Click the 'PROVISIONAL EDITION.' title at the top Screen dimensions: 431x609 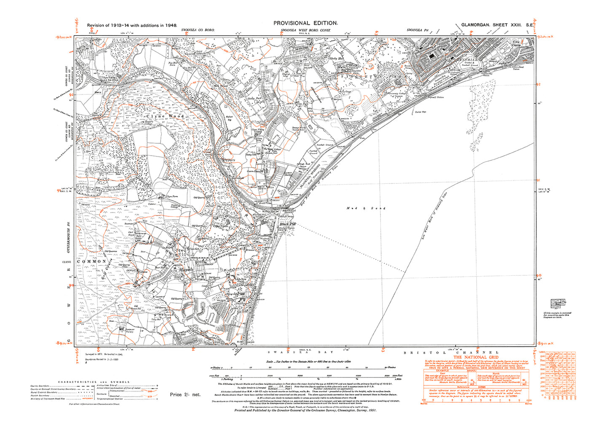tap(306, 23)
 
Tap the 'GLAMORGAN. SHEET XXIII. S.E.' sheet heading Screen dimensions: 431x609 tap(496, 25)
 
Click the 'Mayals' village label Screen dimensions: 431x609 tap(185, 269)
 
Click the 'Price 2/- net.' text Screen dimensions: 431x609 tap(185, 395)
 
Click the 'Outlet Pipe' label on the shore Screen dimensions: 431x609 tap(421, 112)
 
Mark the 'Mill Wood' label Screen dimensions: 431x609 tap(220, 86)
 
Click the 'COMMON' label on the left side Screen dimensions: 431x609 tap(91, 261)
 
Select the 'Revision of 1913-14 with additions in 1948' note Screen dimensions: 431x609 tap(131, 25)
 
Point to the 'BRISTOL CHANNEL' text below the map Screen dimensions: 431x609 tap(451, 353)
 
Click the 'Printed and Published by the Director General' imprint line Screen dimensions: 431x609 tap(306, 410)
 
